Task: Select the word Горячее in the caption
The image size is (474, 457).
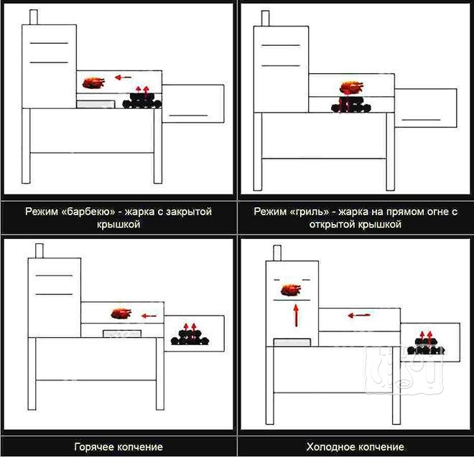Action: pos(94,447)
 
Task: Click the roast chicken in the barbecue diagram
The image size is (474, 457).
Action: pos(93,83)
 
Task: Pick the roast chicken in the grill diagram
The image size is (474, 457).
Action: pos(352,88)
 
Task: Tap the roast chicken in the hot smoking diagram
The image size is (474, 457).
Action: pos(121,314)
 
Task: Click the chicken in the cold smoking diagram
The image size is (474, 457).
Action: pos(291,291)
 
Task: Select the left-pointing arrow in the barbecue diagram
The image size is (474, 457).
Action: pos(123,77)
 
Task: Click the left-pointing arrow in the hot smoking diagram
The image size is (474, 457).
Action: pos(149,316)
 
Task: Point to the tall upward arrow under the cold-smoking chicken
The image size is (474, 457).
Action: pos(296,316)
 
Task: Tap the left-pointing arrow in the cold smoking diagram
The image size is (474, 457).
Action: pos(359,316)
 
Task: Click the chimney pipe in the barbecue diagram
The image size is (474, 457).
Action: pos(34,17)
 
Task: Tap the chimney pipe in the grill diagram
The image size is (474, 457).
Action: pos(265,19)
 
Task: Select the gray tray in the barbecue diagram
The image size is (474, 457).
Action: pos(96,105)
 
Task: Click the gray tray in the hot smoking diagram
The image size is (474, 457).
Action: pos(122,334)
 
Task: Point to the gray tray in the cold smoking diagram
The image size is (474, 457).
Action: pos(292,342)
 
